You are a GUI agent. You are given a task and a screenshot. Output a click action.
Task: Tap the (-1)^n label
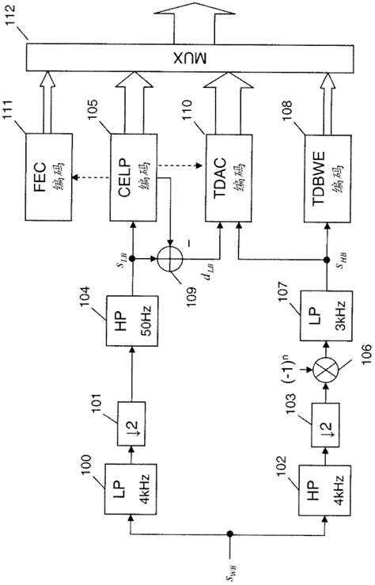click(x=300, y=368)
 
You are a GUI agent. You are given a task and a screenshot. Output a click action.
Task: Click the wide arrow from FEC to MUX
click(x=47, y=97)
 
